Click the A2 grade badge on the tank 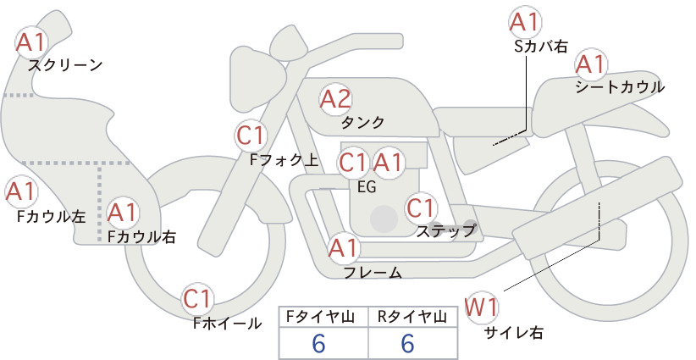[x=335, y=99]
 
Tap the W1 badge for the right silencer [x=482, y=307]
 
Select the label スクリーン [x=65, y=66]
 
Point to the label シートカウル [x=620, y=86]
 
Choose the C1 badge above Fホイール [x=196, y=299]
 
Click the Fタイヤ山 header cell [x=323, y=317]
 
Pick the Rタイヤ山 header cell [x=413, y=317]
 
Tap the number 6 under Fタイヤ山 [x=318, y=343]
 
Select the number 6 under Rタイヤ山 [x=407, y=343]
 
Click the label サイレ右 [x=514, y=333]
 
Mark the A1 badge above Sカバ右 [x=525, y=22]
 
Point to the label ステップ [x=446, y=231]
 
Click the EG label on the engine [x=367, y=187]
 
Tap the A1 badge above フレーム [x=344, y=247]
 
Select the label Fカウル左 [x=51, y=216]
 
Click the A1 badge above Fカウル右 [x=123, y=213]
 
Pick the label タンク [x=362, y=123]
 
